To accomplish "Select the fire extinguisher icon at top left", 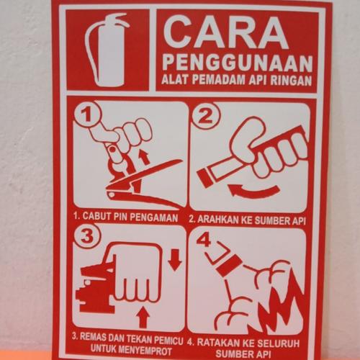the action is click(x=106, y=50).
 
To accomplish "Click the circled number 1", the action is click(x=87, y=115).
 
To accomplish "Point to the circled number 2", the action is click(x=206, y=116).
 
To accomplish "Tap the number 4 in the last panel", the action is click(x=204, y=240).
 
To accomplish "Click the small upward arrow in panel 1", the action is click(x=144, y=156).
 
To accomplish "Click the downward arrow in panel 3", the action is click(x=175, y=260).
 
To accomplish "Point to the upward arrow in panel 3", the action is click(x=144, y=317).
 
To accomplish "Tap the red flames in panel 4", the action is click(x=279, y=303).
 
